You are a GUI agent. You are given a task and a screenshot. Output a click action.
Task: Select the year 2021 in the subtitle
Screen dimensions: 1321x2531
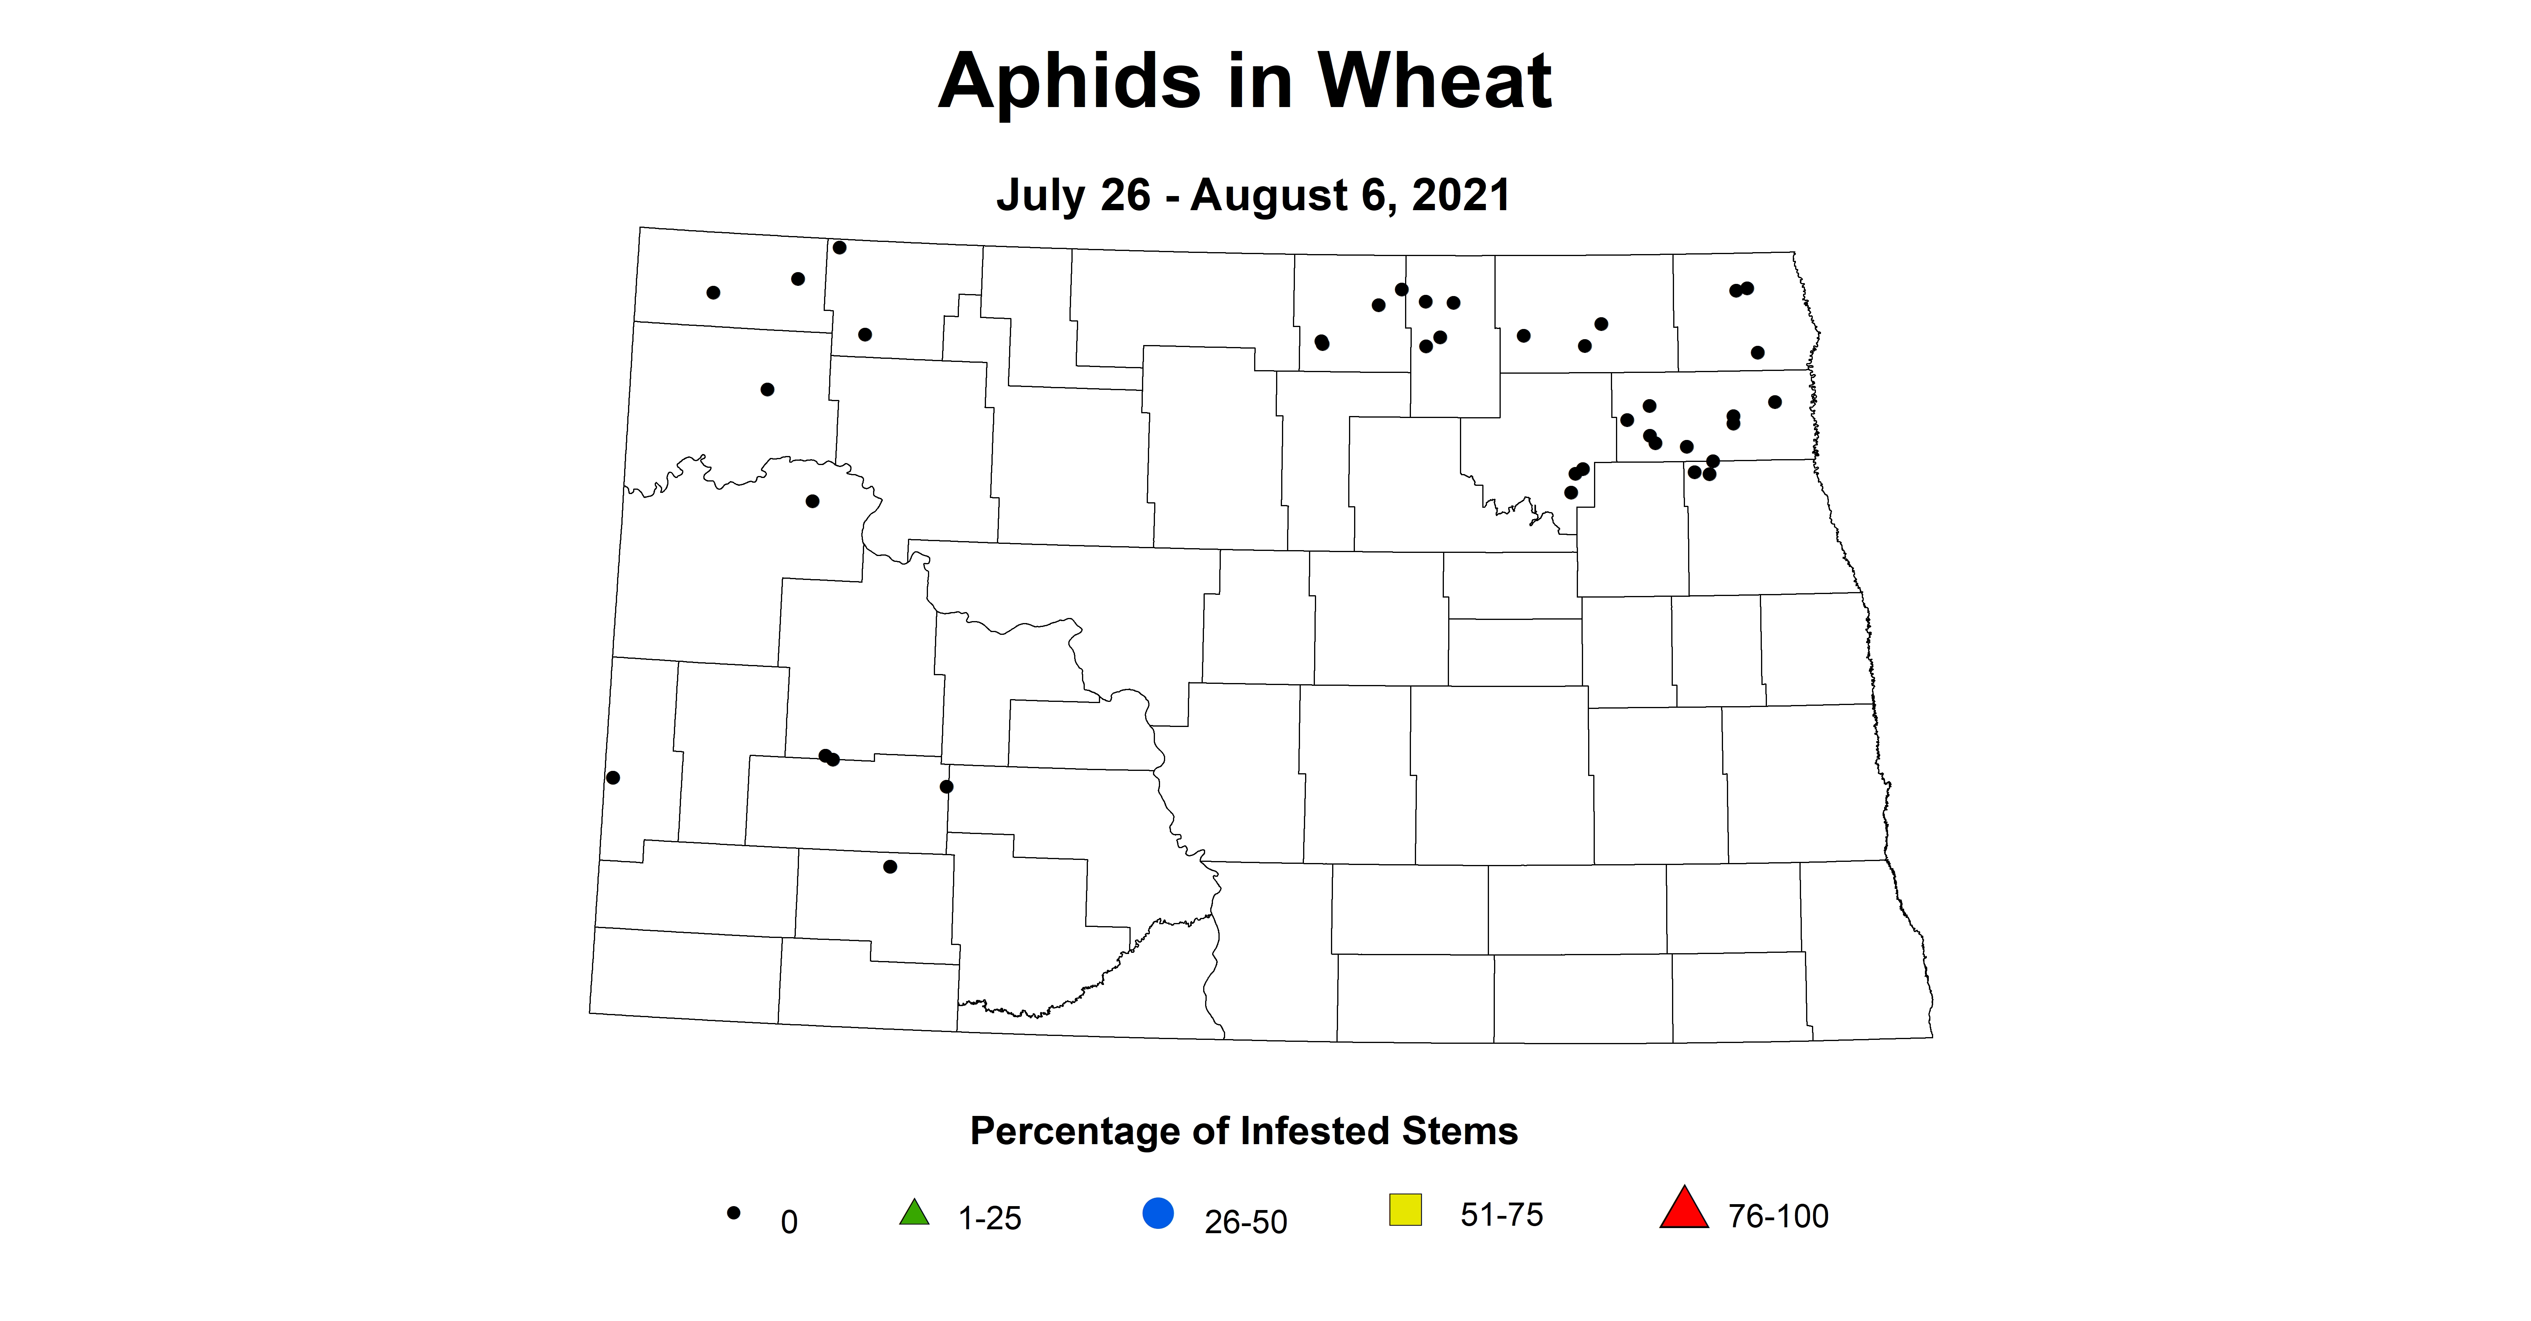tap(1461, 196)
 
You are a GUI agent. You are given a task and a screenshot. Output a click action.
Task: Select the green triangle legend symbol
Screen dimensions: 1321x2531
tap(914, 1212)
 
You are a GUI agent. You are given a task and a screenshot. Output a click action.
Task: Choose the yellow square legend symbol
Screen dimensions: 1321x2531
tap(1405, 1209)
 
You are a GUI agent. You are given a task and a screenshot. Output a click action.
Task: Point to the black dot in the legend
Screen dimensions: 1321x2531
tap(733, 1213)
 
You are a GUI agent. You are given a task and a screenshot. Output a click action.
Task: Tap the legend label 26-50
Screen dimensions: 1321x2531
tap(1245, 1222)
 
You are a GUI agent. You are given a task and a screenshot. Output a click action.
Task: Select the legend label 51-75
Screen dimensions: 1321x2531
tap(1501, 1215)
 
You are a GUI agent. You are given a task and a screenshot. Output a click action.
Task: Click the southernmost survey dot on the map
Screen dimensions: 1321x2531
tap(890, 867)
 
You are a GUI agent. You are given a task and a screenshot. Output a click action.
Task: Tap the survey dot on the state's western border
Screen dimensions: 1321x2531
tap(613, 778)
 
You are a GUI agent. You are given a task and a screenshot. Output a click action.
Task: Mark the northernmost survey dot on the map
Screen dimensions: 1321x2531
tap(839, 248)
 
